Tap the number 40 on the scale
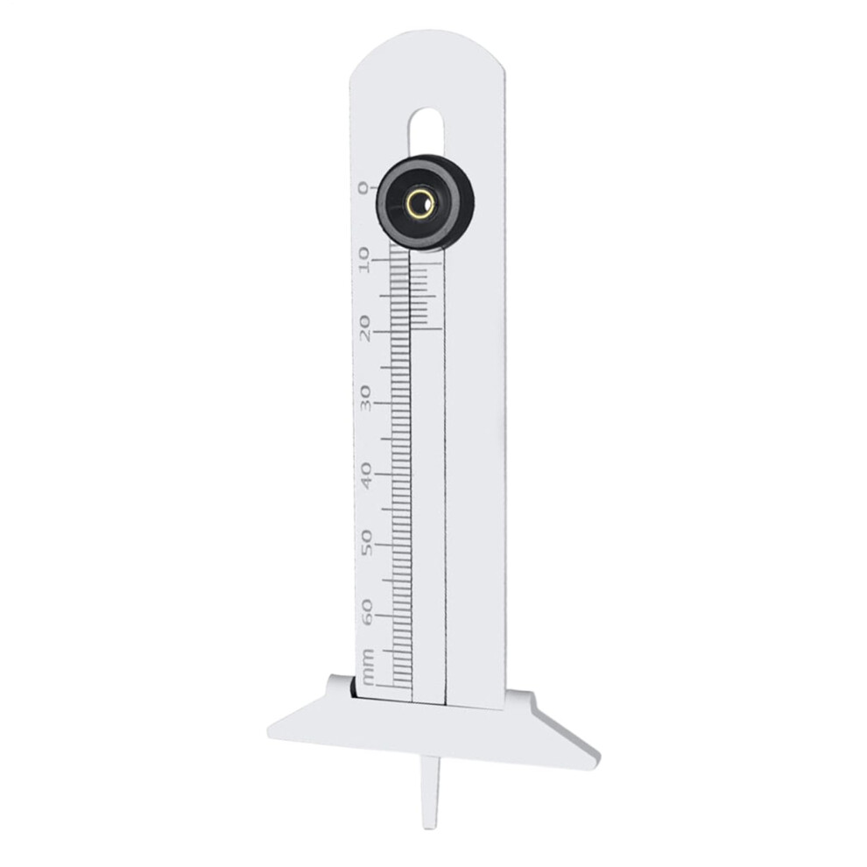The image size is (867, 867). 364,473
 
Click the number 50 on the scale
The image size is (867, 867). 365,543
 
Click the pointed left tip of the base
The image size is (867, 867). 274,731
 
